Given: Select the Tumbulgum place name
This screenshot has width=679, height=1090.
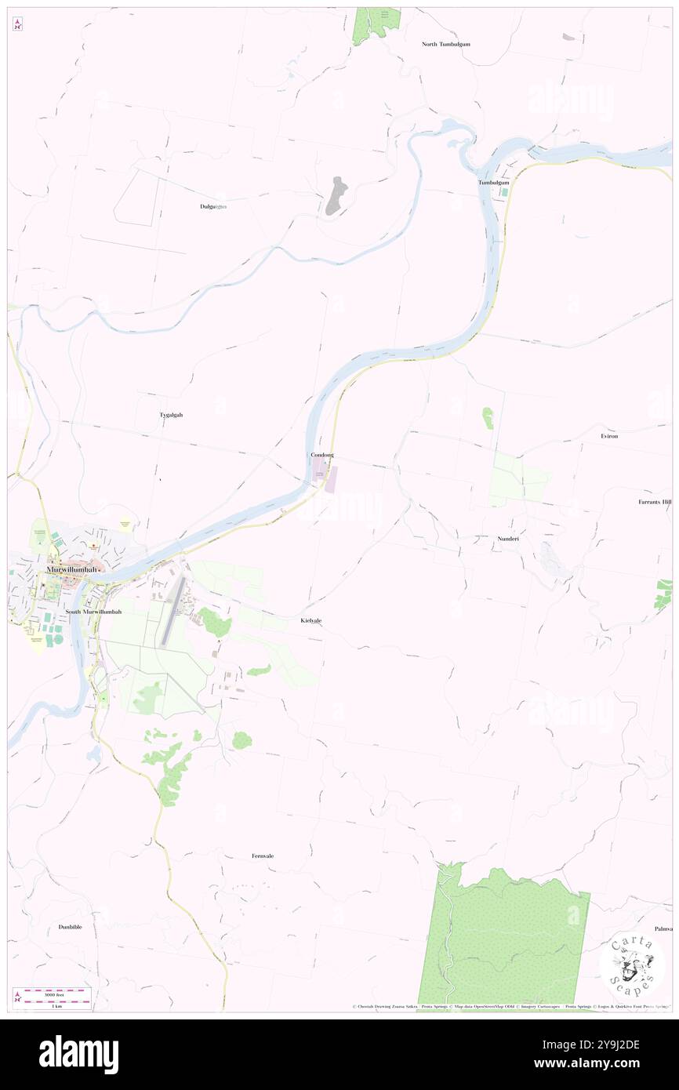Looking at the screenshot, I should tap(494, 183).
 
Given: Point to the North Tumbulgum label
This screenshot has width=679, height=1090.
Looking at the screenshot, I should tap(445, 44).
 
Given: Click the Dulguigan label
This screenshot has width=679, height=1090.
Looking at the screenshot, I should tap(212, 206).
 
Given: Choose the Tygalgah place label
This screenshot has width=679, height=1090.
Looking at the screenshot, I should tap(170, 415).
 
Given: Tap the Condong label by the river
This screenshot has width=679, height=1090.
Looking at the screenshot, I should tap(322, 455).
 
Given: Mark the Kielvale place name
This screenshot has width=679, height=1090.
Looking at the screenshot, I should tap(310, 620).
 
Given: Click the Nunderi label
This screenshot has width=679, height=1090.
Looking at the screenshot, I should tap(508, 540).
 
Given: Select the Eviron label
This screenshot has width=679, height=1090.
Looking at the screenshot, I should tap(609, 435).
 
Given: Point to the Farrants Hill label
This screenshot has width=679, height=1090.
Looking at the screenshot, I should tap(655, 501).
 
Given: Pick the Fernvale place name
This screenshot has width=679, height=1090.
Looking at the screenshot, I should tap(263, 856).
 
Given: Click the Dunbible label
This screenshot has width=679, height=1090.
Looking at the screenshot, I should tap(70, 927).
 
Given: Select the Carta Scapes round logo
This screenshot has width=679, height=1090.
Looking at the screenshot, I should tap(632, 967).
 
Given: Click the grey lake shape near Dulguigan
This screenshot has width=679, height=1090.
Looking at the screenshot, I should tap(336, 196).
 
